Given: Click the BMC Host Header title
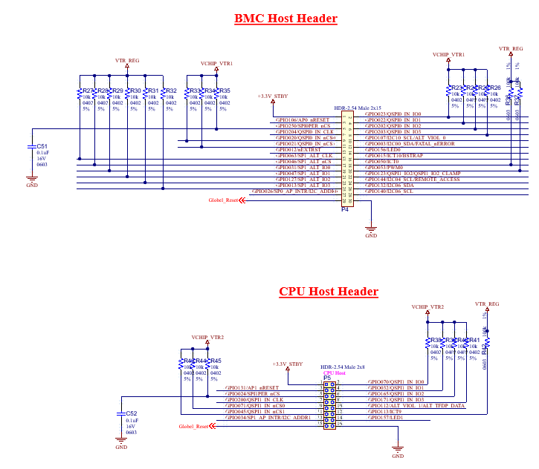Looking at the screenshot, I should tap(285, 19).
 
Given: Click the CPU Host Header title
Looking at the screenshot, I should tap(328, 292).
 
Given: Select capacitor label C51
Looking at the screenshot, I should tap(42, 146).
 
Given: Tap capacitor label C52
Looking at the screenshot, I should tap(132, 413).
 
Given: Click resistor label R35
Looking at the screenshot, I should tap(224, 91).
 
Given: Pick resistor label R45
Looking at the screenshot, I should tap(215, 361).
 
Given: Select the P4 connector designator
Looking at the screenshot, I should tap(345, 210).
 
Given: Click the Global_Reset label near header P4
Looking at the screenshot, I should tap(222, 200).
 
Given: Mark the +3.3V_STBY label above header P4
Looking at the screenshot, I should tap(272, 96).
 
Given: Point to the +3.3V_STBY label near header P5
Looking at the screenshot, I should tap(288, 364).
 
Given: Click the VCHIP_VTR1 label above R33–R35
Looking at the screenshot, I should tap(216, 64).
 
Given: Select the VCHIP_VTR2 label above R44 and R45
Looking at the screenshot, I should tap(207, 336).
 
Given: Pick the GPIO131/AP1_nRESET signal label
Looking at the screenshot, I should tap(253, 387).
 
